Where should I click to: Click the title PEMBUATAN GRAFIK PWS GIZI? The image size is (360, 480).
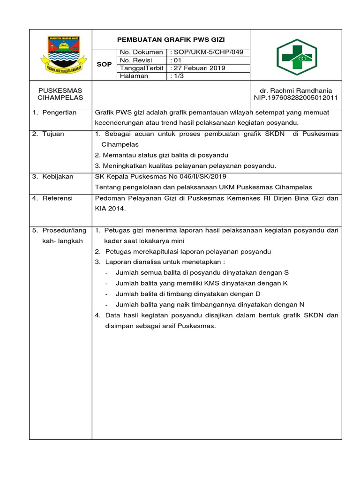coord(171,39)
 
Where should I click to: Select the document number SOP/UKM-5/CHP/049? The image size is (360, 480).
coord(211,52)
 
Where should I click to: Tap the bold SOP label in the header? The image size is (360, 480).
coord(104,64)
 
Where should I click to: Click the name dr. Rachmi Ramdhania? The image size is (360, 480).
coord(296,90)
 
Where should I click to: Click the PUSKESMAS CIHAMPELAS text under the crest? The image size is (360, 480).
coord(60,94)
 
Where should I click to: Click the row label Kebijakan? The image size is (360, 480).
coord(58,176)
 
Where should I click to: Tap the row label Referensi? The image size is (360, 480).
coord(58,198)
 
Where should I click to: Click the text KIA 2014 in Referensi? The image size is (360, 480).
coord(110,209)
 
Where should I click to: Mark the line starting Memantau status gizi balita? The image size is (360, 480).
coord(162,155)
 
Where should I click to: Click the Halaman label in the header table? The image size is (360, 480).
coord(134,76)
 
